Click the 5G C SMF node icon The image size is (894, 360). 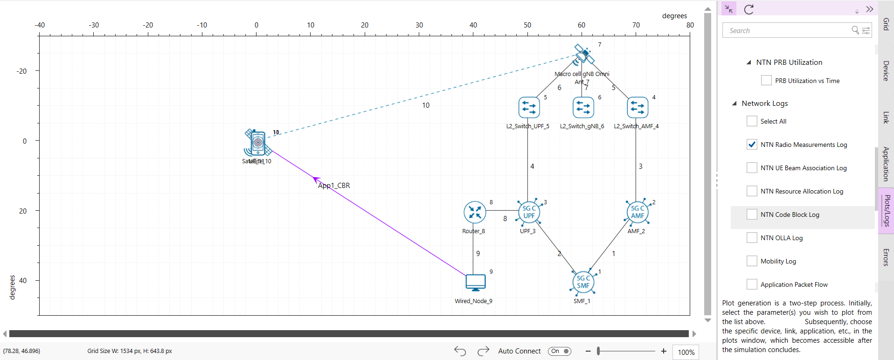click(583, 282)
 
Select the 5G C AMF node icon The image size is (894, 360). click(637, 212)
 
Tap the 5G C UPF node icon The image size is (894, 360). click(529, 212)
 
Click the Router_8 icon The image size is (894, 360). click(475, 212)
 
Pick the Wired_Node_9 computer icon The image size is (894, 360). click(475, 282)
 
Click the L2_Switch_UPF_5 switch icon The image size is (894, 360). click(529, 107)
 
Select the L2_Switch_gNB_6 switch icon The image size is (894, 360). click(583, 107)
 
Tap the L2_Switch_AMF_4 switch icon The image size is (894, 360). click(638, 107)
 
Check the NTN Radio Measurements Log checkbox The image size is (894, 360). click(752, 145)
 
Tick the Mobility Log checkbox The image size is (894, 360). click(752, 261)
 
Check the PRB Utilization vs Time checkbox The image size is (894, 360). click(766, 80)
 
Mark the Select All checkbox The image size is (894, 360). click(752, 121)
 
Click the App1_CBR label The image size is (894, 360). click(334, 186)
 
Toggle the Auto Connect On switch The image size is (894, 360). click(560, 351)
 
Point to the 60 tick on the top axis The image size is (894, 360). click(582, 25)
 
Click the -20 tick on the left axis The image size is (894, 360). click(22, 71)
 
